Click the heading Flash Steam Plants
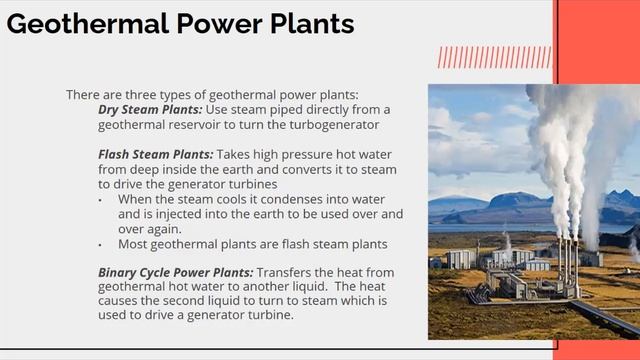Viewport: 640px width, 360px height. (x=155, y=155)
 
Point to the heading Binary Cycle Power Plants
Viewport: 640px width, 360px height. (x=175, y=272)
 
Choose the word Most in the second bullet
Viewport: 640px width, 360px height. (x=134, y=244)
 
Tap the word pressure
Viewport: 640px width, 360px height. (x=324, y=155)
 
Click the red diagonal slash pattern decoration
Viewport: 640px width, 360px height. (x=494, y=56)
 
